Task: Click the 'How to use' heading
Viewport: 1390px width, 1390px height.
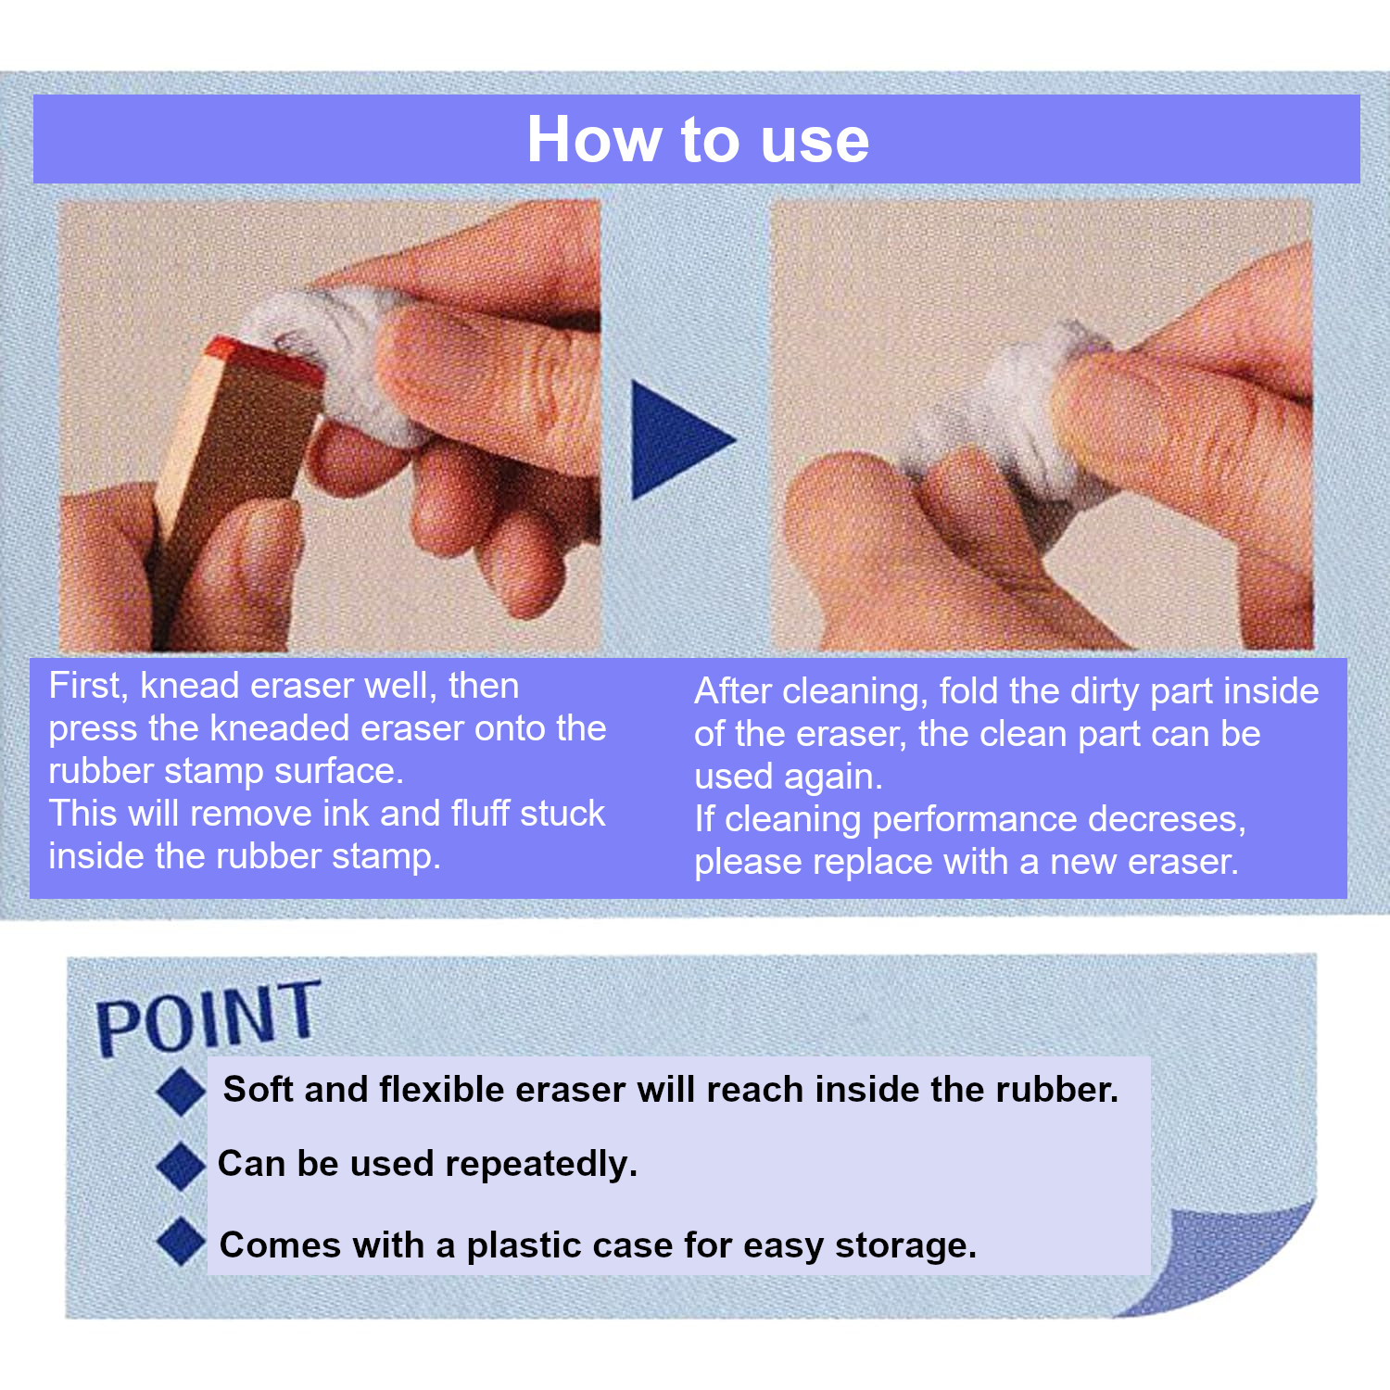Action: pyautogui.click(x=698, y=140)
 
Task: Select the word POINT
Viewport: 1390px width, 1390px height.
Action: pyautogui.click(x=208, y=1017)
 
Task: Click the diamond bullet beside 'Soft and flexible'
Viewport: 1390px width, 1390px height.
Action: pyautogui.click(x=182, y=1091)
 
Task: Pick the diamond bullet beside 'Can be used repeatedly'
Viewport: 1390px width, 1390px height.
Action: pyautogui.click(x=182, y=1166)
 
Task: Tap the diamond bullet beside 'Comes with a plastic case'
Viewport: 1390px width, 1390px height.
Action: pyautogui.click(x=182, y=1242)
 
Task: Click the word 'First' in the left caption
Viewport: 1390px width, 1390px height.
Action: pyautogui.click(x=88, y=686)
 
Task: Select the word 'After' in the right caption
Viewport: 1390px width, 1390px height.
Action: pyautogui.click(x=734, y=691)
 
